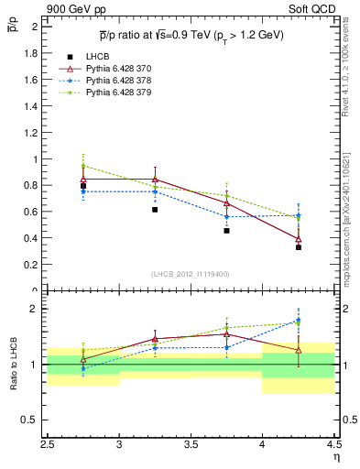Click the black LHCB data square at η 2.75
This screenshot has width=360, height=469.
(83, 186)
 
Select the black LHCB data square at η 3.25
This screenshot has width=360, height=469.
(155, 210)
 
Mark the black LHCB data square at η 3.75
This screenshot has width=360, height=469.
(226, 231)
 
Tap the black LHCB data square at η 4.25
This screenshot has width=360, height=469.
(299, 247)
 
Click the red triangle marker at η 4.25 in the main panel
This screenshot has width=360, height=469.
(299, 239)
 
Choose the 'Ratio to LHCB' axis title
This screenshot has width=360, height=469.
(14, 365)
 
